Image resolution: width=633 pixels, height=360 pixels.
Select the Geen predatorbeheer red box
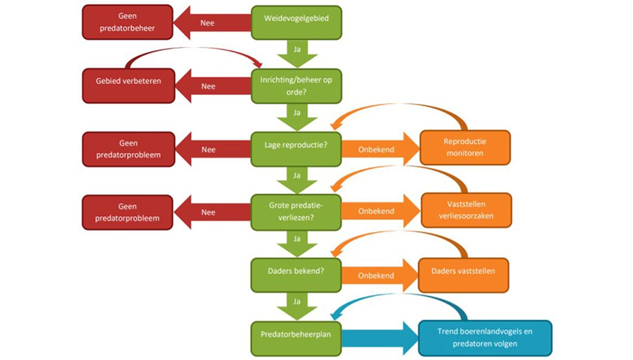pos(128,22)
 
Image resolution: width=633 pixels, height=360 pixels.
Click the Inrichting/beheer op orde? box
pos(296,86)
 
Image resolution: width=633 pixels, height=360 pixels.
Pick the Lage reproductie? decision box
pos(296,149)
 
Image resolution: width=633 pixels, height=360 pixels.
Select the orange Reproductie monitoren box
pos(465,147)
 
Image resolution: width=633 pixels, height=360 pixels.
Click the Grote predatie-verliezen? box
pos(296,211)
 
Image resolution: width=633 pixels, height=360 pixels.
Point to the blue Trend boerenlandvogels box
pos(485,338)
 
